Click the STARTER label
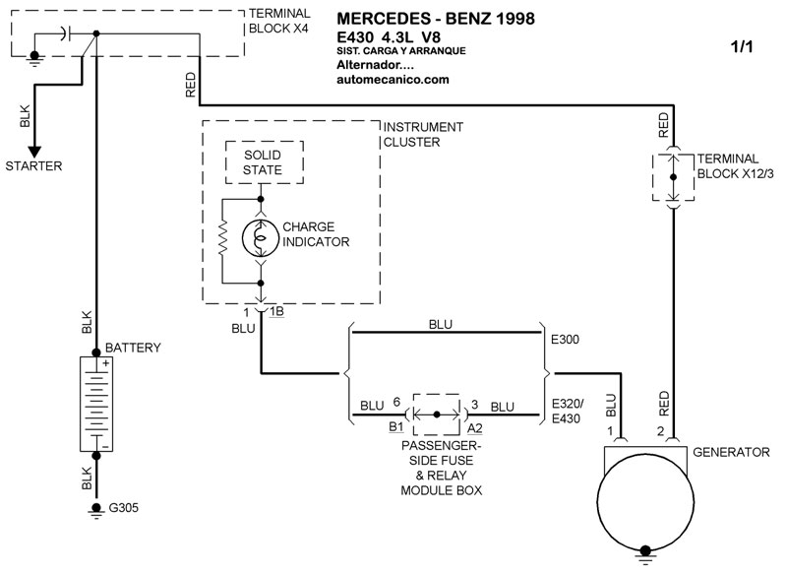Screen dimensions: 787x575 (33, 165)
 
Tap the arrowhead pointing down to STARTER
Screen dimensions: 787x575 (34, 152)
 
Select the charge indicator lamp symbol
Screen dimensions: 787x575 (260, 237)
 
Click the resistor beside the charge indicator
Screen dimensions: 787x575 (222, 241)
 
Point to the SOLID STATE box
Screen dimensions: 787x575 (264, 162)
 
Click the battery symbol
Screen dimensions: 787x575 (96, 404)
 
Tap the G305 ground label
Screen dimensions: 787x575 (124, 508)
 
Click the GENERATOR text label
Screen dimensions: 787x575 (731, 452)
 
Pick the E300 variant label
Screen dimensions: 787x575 (565, 340)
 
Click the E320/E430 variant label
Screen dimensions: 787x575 (568, 412)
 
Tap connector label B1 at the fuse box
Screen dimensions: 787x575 (396, 427)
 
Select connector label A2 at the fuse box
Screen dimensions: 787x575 (475, 428)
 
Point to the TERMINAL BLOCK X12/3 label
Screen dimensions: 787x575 (735, 166)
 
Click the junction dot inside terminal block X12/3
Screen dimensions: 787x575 (673, 177)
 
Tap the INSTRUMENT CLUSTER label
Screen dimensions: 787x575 (423, 135)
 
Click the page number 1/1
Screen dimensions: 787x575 (742, 46)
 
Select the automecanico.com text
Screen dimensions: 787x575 (393, 80)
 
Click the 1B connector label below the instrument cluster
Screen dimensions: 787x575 (276, 312)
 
